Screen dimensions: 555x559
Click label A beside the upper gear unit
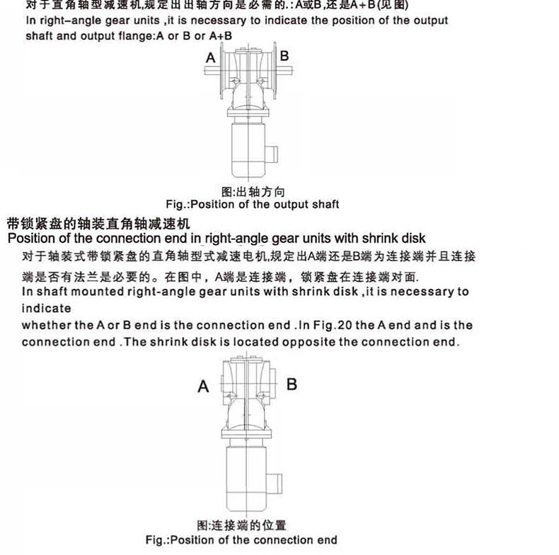211,57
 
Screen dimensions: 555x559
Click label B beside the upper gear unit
284,56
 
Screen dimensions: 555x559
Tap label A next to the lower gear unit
203,387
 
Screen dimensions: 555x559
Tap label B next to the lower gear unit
291,384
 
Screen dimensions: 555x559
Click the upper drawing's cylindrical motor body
249,149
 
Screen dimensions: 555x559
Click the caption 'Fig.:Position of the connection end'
241,539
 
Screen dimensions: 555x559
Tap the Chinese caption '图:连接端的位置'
241,525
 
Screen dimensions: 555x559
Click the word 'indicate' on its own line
47,309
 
